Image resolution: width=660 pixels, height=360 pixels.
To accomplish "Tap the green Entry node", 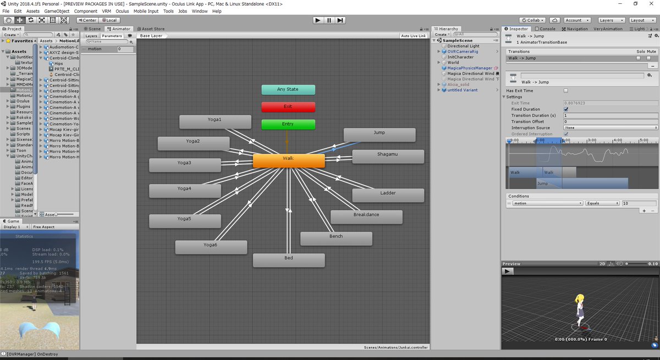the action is [x=288, y=124].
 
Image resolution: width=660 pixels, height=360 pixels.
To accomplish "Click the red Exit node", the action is [x=288, y=107].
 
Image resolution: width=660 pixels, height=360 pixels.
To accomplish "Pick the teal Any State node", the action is [x=288, y=90].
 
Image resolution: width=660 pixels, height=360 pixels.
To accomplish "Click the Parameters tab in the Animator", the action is [x=112, y=36].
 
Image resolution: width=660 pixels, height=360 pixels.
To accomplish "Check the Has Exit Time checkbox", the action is [x=566, y=91].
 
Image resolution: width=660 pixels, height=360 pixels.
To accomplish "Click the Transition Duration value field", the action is [x=610, y=115].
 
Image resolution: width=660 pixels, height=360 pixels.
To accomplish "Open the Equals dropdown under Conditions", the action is [x=602, y=203].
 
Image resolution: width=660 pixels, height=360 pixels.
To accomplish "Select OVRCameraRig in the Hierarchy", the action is [x=463, y=52].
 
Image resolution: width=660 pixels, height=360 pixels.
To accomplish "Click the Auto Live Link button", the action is [x=414, y=36].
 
